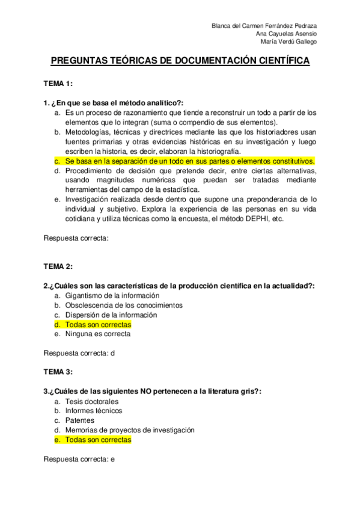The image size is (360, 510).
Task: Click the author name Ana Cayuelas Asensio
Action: (286, 34)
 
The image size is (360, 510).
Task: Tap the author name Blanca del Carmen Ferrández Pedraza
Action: (265, 26)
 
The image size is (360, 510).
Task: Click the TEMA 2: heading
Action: (58, 266)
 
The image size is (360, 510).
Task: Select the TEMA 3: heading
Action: (58, 372)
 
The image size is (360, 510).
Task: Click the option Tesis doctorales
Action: (92, 402)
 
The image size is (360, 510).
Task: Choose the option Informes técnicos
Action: (94, 411)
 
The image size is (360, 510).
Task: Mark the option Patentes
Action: (80, 420)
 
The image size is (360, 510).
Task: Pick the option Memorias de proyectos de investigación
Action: (130, 430)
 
